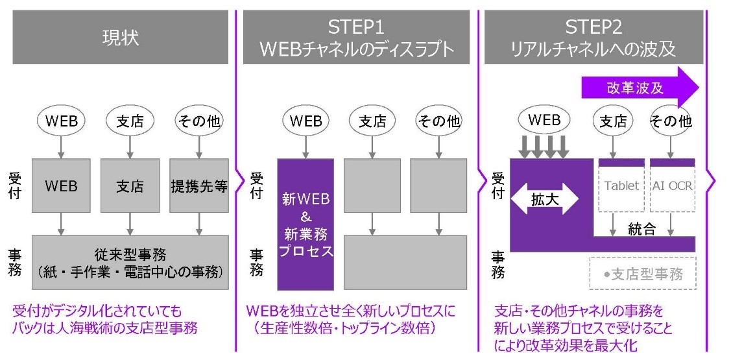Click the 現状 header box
pyautogui.click(x=120, y=37)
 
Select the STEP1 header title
pyautogui.click(x=356, y=37)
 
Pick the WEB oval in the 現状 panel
pyautogui.click(x=61, y=121)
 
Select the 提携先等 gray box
pyautogui.click(x=198, y=186)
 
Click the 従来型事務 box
pyautogui.click(x=130, y=262)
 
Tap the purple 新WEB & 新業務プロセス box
pyautogui.click(x=306, y=224)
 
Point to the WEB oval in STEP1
pyautogui.click(x=306, y=121)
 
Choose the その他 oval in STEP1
pyautogui.click(x=438, y=121)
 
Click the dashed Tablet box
pyautogui.click(x=621, y=186)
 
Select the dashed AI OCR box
pyautogui.click(x=672, y=186)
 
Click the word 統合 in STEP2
pyautogui.click(x=642, y=229)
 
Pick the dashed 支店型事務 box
pyautogui.click(x=642, y=274)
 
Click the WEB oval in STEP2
pyautogui.click(x=545, y=120)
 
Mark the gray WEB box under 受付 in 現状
pyautogui.click(x=61, y=186)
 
